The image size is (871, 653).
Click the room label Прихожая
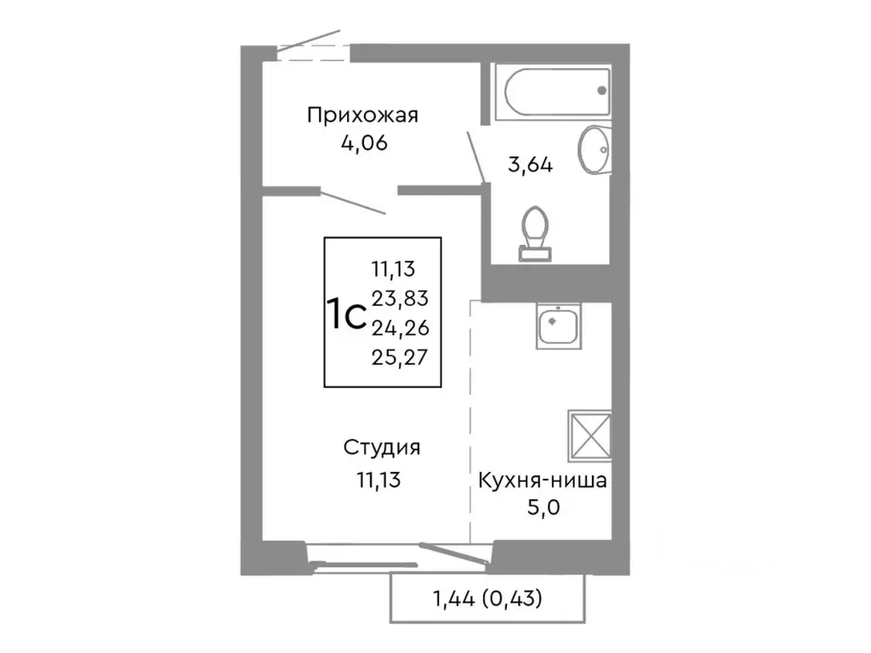coord(363,115)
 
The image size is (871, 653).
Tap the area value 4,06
coord(363,143)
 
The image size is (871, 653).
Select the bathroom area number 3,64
coord(530,165)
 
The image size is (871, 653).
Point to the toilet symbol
coord(535,230)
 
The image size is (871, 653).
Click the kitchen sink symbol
coord(558,326)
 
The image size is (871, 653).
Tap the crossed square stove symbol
coord(589,434)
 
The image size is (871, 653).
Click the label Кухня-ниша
coord(542,482)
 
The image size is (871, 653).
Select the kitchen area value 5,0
coord(542,509)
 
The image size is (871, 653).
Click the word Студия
coord(382,448)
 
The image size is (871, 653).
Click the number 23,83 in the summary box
coord(399,298)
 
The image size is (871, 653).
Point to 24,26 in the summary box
coord(399,326)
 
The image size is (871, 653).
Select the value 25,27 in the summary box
coord(399,355)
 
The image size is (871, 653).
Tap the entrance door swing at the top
coord(310,43)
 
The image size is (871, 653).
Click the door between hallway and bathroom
coord(476,156)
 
